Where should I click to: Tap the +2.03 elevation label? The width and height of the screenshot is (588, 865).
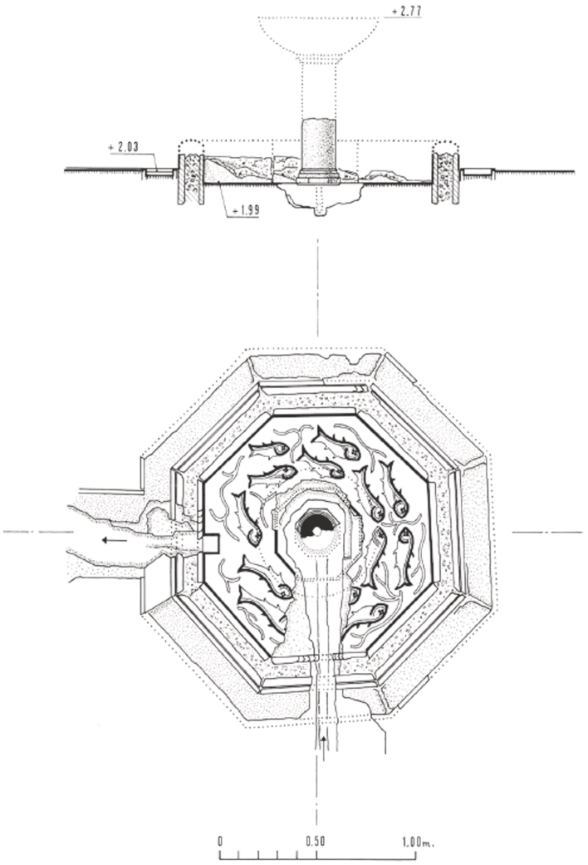pyautogui.click(x=121, y=147)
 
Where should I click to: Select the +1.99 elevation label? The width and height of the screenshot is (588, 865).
pyautogui.click(x=247, y=211)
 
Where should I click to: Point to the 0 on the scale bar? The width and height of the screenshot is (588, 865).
pyautogui.click(x=220, y=839)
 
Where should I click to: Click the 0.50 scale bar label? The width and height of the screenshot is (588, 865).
pyautogui.click(x=314, y=839)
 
